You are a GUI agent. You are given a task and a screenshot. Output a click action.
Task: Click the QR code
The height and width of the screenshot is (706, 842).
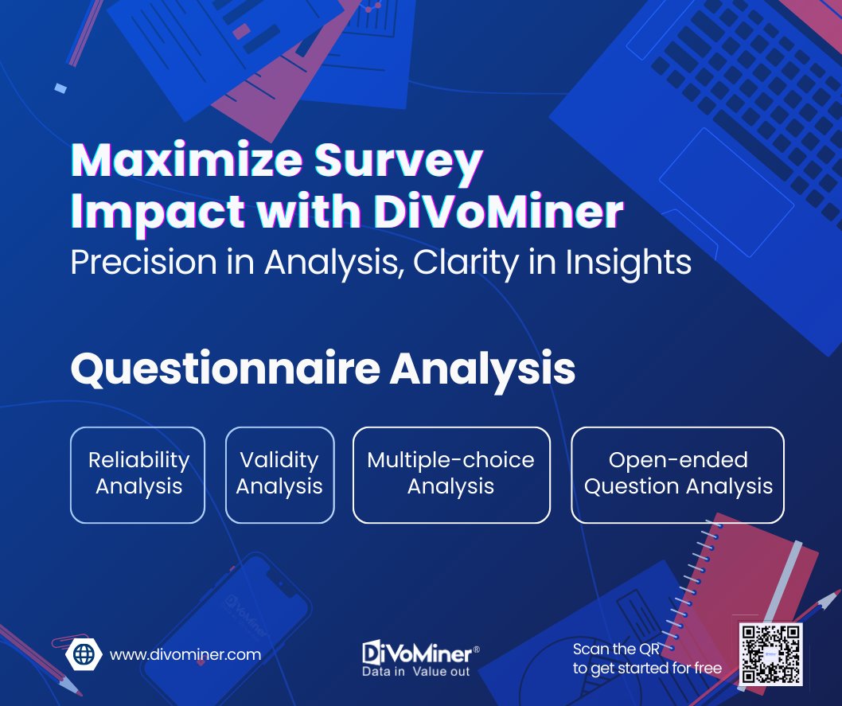pos(770,654)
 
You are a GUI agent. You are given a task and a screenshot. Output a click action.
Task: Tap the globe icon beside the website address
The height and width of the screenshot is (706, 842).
pos(84,654)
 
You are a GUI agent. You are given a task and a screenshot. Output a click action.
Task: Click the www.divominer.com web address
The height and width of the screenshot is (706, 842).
pos(185,654)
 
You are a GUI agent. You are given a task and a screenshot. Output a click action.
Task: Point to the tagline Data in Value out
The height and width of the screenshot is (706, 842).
pos(416,671)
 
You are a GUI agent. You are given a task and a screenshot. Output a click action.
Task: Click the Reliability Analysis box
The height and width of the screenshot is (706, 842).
pos(138,474)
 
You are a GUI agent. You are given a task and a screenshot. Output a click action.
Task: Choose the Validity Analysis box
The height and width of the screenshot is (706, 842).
pos(279,474)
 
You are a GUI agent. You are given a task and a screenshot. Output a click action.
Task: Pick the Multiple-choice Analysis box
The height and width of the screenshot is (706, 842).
pos(451,474)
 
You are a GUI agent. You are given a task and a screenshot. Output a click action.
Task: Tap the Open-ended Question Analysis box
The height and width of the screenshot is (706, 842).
pos(678,474)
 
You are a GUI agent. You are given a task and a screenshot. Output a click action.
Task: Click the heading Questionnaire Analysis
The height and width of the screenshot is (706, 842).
pos(323,369)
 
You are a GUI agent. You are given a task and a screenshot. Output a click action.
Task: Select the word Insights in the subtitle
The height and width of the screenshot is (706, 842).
pos(629,263)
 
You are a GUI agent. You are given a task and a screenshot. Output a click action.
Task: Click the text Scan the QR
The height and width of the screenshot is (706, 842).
pos(616,649)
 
